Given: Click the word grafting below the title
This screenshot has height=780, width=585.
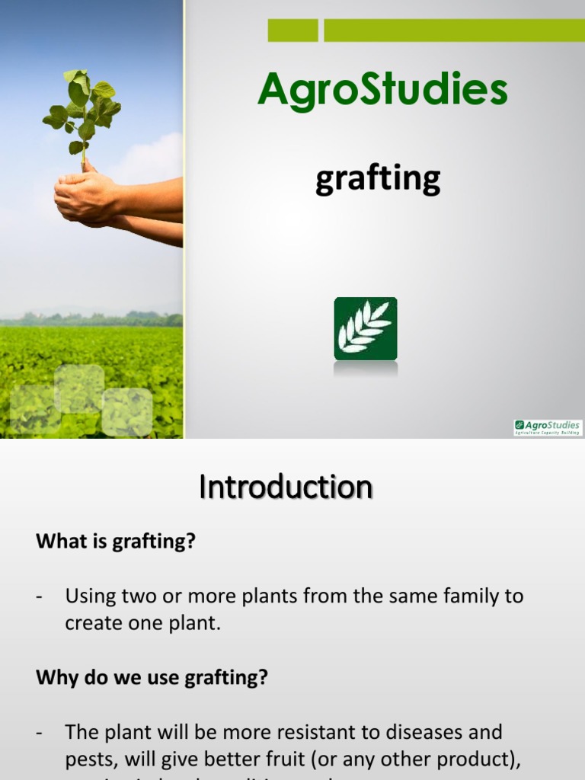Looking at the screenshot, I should point(378,180).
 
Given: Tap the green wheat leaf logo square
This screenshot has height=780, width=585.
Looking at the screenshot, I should point(366,328).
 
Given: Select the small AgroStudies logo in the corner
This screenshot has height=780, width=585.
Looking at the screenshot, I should point(548,427).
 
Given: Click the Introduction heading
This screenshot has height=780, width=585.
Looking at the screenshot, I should point(286,487).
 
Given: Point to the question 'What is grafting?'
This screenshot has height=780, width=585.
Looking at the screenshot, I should point(116,542).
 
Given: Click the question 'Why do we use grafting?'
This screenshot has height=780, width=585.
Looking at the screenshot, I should point(152,677).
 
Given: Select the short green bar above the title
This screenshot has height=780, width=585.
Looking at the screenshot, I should point(292,30).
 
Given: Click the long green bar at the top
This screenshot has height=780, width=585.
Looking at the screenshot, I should point(454,30).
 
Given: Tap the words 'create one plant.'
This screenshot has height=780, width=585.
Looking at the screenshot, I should point(142,622).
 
